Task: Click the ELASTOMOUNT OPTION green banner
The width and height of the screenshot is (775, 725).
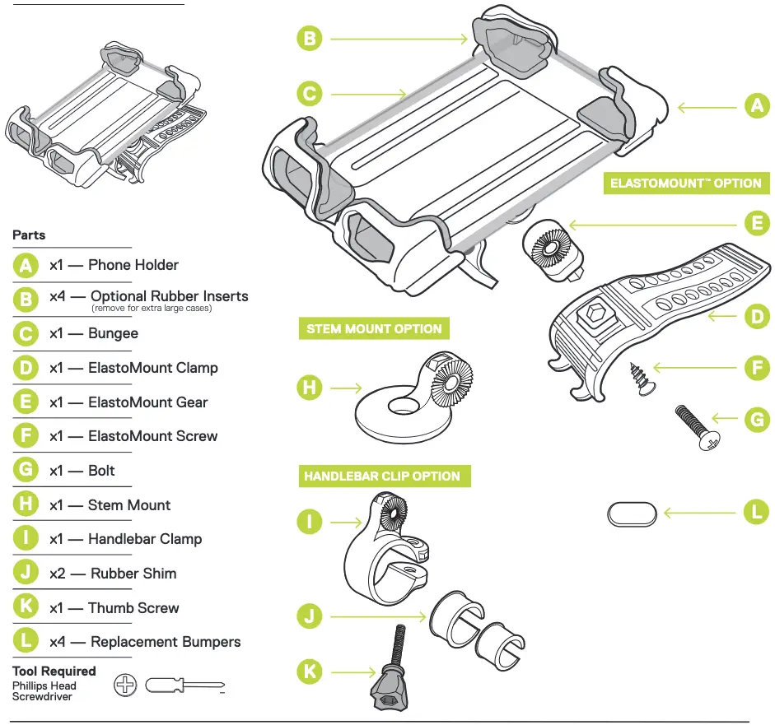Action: click(685, 183)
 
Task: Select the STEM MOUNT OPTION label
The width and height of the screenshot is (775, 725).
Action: click(374, 328)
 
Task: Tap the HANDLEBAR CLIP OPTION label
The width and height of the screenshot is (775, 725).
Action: click(382, 476)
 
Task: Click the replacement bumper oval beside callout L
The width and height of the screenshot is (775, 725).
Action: click(633, 514)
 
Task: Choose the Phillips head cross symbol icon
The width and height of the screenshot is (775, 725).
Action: click(124, 685)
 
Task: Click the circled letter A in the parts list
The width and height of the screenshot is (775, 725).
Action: click(26, 265)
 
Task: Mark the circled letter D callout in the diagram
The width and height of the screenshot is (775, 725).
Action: click(756, 315)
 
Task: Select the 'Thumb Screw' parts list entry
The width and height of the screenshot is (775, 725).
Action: click(133, 608)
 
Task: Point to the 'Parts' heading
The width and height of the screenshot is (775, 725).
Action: click(29, 235)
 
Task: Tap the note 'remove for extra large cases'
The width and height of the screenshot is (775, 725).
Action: click(152, 309)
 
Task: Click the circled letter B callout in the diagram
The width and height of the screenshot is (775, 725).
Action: click(310, 38)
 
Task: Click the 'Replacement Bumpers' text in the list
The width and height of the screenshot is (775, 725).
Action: click(166, 642)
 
